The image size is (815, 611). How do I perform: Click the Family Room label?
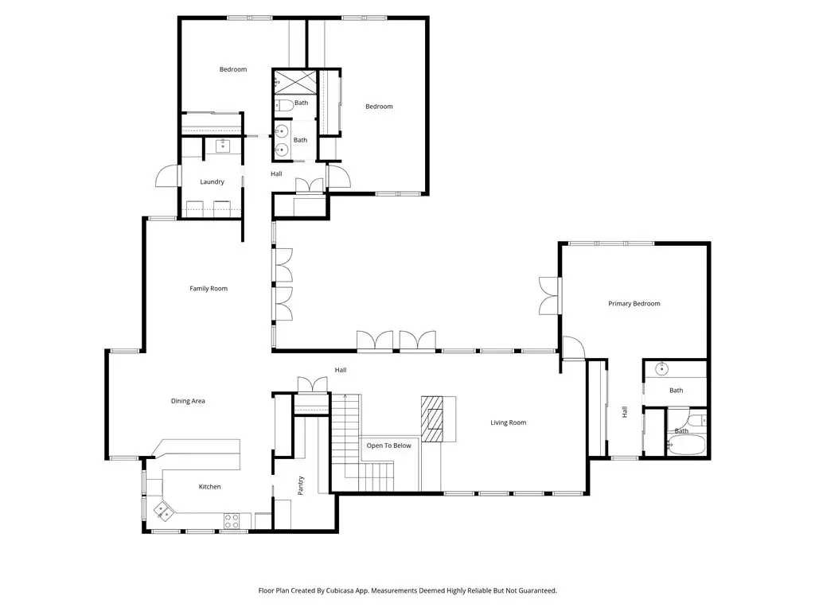click(209, 288)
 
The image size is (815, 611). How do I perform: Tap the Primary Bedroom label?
click(634, 303)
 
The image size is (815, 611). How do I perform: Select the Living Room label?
click(509, 422)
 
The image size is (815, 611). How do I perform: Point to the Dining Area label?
click(188, 401)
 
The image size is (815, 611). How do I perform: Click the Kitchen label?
click(209, 487)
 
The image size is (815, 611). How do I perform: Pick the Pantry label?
click(300, 485)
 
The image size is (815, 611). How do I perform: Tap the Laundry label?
click(212, 182)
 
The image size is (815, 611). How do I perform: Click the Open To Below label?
click(388, 446)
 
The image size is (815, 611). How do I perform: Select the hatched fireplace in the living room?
click(432, 418)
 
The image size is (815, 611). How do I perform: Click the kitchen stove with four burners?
click(232, 520)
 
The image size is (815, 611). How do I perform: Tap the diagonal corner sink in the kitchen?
click(163, 512)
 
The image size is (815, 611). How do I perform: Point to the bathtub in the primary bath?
click(686, 445)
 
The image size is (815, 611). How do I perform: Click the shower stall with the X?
click(294, 82)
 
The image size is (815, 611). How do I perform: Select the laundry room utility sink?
click(223, 146)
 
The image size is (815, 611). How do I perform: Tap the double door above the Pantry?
click(312, 384)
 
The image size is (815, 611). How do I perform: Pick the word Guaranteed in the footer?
click(537, 591)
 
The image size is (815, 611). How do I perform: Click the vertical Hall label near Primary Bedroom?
click(625, 412)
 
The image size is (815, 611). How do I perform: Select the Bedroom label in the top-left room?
click(233, 69)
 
